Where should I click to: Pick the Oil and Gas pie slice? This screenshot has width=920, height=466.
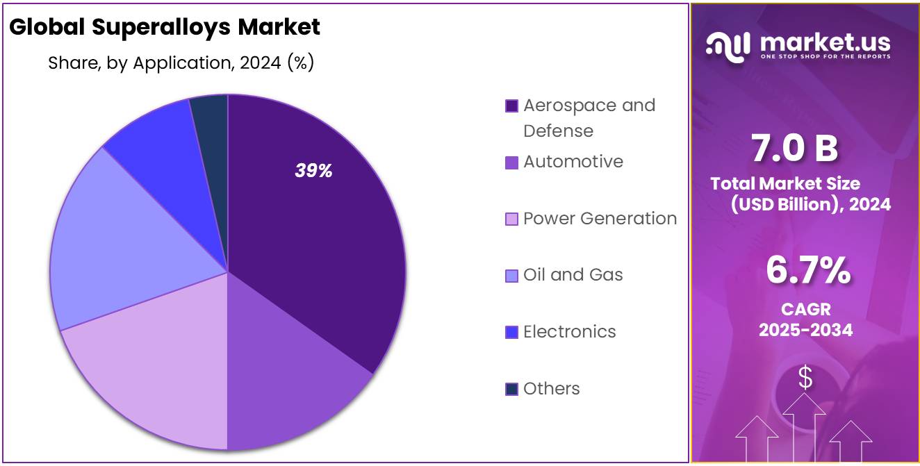tap(118, 243)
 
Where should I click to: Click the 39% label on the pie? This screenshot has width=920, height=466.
tap(313, 171)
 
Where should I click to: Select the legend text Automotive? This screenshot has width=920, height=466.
tap(573, 162)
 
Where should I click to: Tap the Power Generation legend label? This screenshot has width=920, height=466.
tap(600, 219)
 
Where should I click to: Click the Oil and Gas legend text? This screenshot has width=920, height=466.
tap(573, 275)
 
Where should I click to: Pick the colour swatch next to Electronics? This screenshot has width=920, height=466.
tap(511, 333)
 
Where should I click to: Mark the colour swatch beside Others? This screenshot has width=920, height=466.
tap(511, 390)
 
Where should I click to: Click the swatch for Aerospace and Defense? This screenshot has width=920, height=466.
tap(511, 106)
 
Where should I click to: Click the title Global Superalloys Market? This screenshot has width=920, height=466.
tap(165, 27)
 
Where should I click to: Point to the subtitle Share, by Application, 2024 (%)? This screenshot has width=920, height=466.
tap(181, 63)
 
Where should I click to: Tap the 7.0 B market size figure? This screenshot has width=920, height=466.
tap(794, 149)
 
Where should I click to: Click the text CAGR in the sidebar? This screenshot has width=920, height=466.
tap(805, 309)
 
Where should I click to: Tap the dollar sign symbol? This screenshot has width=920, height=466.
tap(805, 378)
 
